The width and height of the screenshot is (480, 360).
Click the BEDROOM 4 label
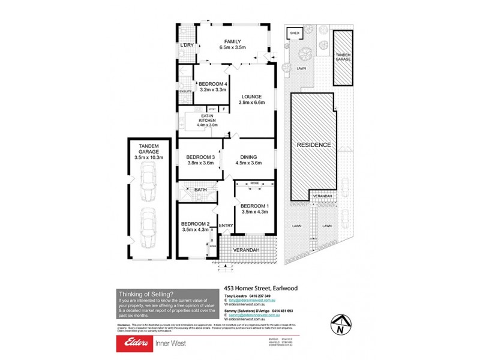point(212,83)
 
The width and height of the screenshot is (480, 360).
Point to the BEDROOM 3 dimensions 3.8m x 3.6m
point(200,163)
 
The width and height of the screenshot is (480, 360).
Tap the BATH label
point(200,190)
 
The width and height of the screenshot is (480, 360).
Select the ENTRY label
point(226,226)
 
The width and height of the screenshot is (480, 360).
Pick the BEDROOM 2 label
point(194,223)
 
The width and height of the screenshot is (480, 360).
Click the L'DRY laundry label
point(187,45)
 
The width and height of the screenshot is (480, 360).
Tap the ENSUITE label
point(185,91)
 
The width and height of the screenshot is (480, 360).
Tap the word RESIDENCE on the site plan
point(313,145)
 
